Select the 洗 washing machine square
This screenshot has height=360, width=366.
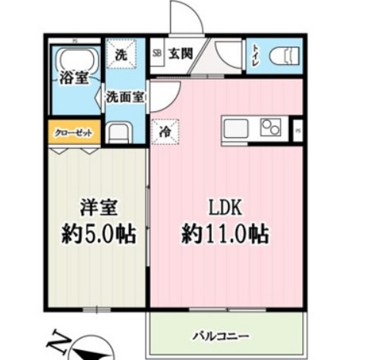[x=121, y=55]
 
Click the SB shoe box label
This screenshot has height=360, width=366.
[x=157, y=54]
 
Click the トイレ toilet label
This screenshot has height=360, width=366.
[x=254, y=56]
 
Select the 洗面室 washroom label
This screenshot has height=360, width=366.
[x=125, y=97]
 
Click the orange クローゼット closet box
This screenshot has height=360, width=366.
[x=74, y=133]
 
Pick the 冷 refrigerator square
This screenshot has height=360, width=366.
[x=164, y=133]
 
